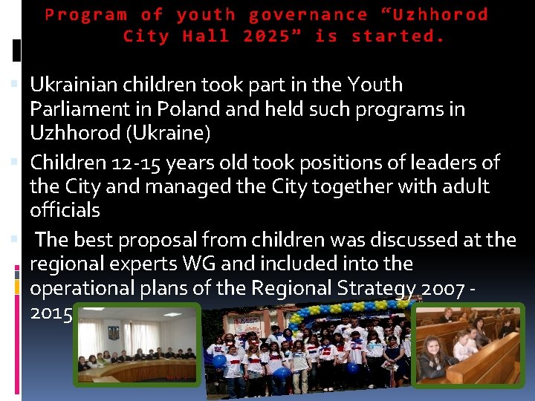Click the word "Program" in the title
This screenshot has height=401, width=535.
[86, 15]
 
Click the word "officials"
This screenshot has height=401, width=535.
[65, 210]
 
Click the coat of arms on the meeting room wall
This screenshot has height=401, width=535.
[114, 332]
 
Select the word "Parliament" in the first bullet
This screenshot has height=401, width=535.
[81, 109]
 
